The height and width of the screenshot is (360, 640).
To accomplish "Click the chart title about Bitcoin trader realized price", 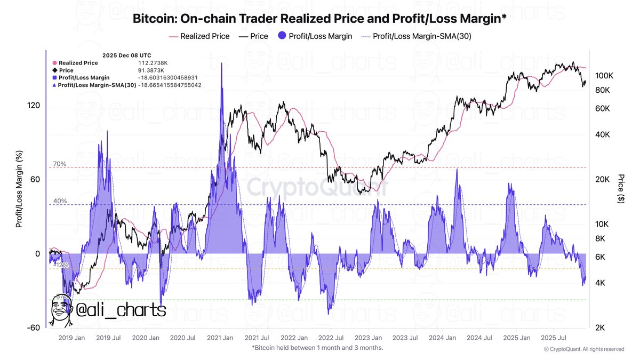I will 319,20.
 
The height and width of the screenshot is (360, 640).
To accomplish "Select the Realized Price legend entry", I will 199,36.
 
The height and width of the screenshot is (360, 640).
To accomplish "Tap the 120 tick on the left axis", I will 34,106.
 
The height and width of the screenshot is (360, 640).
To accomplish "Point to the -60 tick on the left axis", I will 34,327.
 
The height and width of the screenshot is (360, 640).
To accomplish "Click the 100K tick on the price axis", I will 605,76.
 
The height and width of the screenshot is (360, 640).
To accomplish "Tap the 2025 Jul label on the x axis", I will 554,338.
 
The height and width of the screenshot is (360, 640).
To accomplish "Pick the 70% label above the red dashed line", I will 60,164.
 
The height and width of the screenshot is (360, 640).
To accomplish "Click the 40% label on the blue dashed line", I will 60,201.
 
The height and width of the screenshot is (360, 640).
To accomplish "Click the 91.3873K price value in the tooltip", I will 152,70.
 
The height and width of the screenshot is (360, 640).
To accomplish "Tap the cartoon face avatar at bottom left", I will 62,309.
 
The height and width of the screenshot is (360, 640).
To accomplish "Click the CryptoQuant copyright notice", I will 583,349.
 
